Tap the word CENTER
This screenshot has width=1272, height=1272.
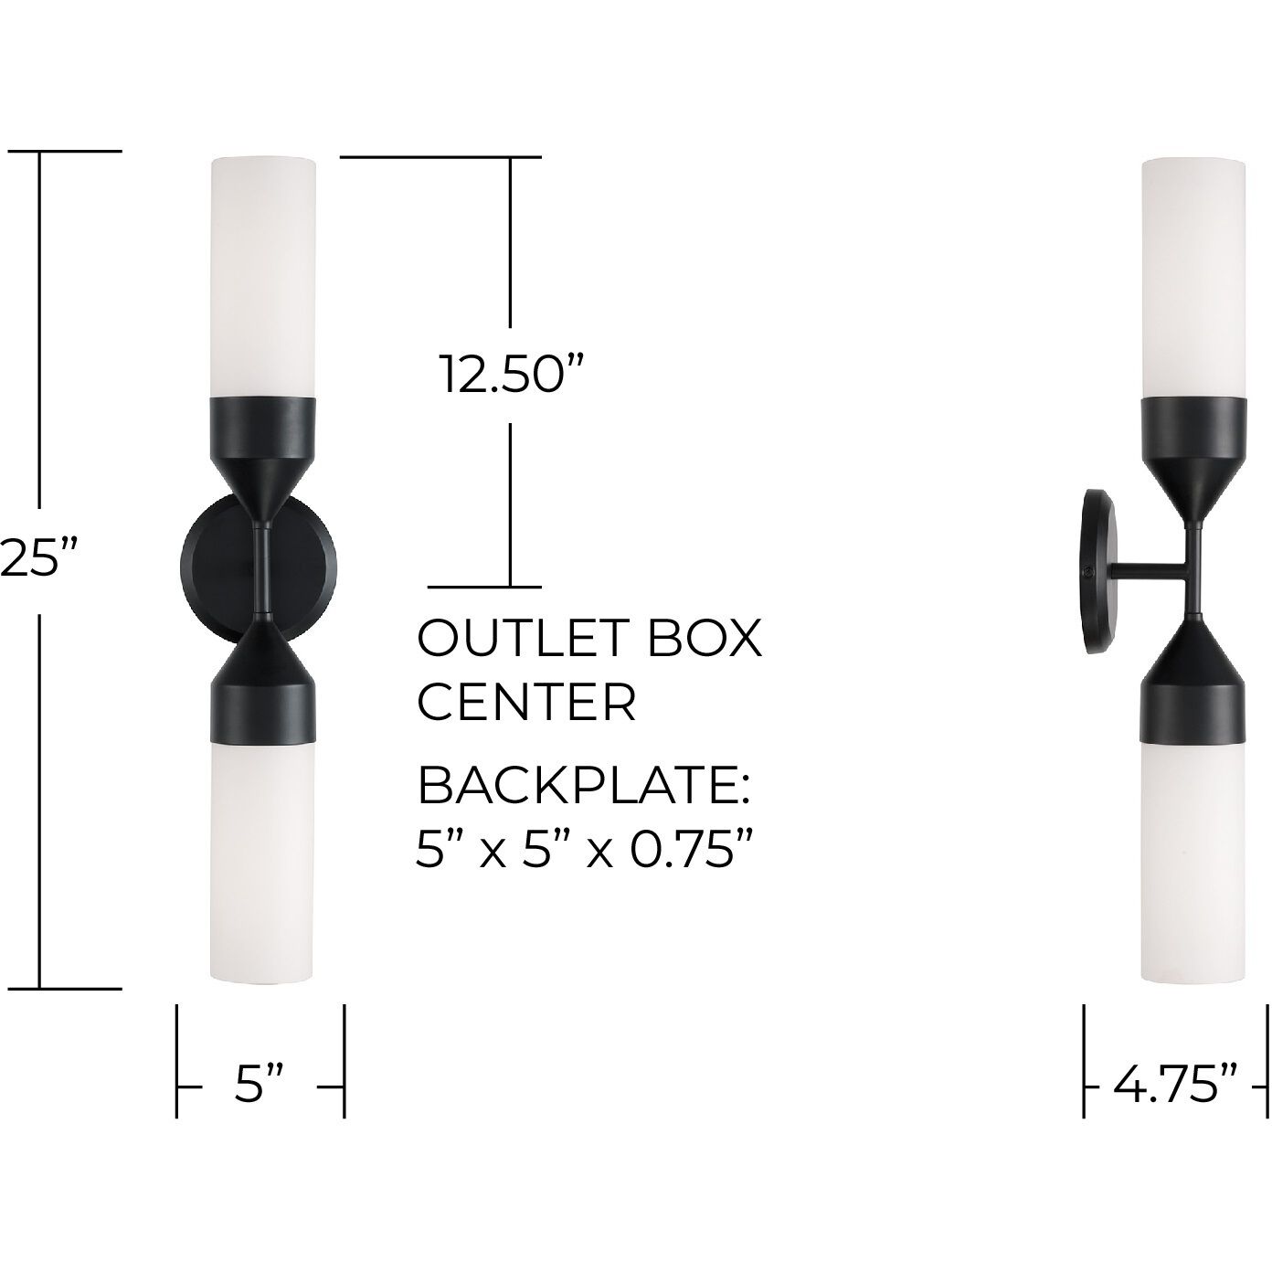[x=525, y=702]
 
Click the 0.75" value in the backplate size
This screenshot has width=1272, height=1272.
[x=679, y=851]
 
